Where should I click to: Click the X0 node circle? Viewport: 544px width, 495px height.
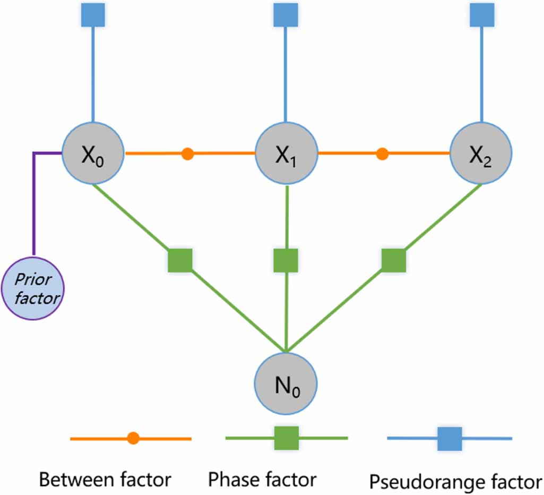[x=93, y=154]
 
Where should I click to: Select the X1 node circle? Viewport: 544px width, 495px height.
[x=287, y=154]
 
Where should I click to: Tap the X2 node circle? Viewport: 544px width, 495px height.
[x=481, y=154]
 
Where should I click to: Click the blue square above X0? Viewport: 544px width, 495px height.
[x=93, y=14]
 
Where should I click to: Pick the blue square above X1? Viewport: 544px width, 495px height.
[x=286, y=14]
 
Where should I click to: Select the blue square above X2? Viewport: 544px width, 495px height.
[x=481, y=14]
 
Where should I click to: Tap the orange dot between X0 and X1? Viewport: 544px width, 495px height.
[x=187, y=154]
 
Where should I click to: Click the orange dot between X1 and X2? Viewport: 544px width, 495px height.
[x=382, y=154]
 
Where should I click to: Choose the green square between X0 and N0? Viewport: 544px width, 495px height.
[x=180, y=260]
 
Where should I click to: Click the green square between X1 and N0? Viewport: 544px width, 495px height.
[x=286, y=260]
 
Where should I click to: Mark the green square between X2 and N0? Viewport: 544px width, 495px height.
[x=393, y=260]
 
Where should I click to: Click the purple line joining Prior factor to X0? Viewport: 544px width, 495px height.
[x=34, y=202]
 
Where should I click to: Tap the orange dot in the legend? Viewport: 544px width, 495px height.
[x=133, y=438]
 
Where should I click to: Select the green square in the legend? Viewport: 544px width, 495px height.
[x=287, y=438]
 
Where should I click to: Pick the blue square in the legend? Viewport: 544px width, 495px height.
[x=450, y=438]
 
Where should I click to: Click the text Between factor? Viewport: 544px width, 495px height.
[x=106, y=480]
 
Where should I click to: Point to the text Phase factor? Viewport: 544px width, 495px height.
[x=262, y=480]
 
